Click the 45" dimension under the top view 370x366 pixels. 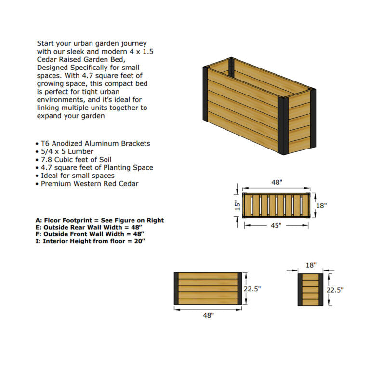tap(275, 225)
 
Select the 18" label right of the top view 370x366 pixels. tap(321, 205)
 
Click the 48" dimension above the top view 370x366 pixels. tap(276, 183)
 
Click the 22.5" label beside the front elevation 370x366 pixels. tap(252, 289)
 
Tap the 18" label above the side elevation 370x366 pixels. tap(311, 265)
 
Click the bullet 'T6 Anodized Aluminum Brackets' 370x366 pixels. tap(95, 143)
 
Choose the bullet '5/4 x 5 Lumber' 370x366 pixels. tap(67, 151)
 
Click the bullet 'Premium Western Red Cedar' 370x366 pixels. tap(89, 184)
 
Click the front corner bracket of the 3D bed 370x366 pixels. tap(283, 126)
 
